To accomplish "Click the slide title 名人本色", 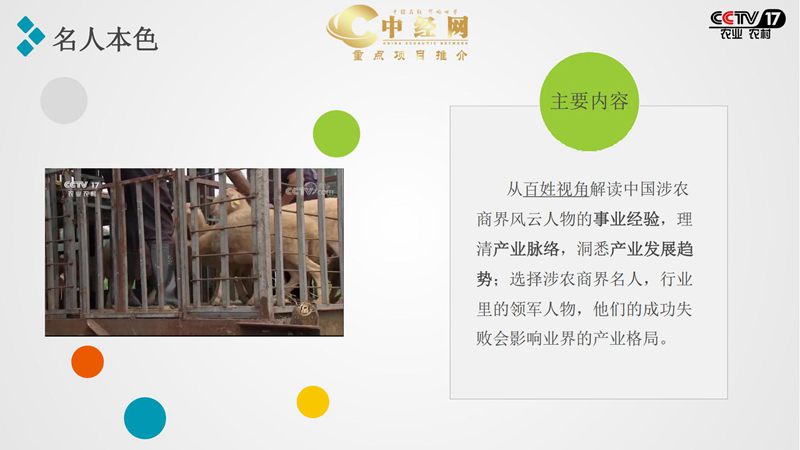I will click(x=104, y=39).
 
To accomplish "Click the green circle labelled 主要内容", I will click(x=589, y=102).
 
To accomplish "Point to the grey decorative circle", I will click(x=64, y=100).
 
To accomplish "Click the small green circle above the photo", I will click(x=336, y=133).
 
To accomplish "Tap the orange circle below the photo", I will click(x=88, y=361).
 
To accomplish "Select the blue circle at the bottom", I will click(x=145, y=418).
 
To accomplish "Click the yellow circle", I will click(x=313, y=402).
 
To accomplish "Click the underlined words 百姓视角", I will click(x=557, y=189).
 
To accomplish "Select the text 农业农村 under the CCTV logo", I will click(x=746, y=35).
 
